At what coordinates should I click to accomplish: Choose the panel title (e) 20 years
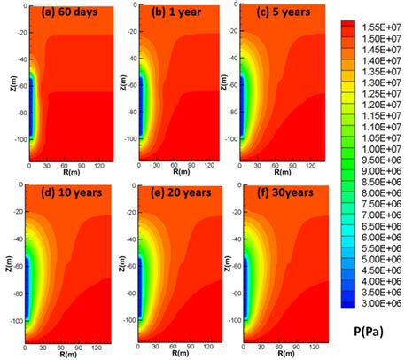(174, 192)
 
